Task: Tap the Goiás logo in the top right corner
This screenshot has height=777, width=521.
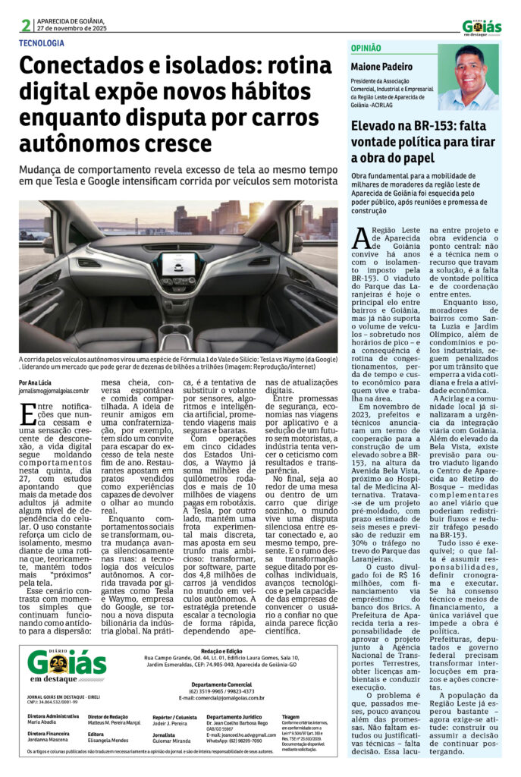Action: click(482, 27)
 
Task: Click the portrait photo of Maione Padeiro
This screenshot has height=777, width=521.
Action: click(468, 77)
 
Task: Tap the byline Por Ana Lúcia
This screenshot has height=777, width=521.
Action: click(36, 383)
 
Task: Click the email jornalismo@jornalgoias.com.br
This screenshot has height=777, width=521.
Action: click(55, 392)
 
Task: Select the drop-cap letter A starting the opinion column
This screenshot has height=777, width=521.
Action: click(362, 241)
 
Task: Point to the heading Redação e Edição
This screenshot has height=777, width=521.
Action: click(221, 652)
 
